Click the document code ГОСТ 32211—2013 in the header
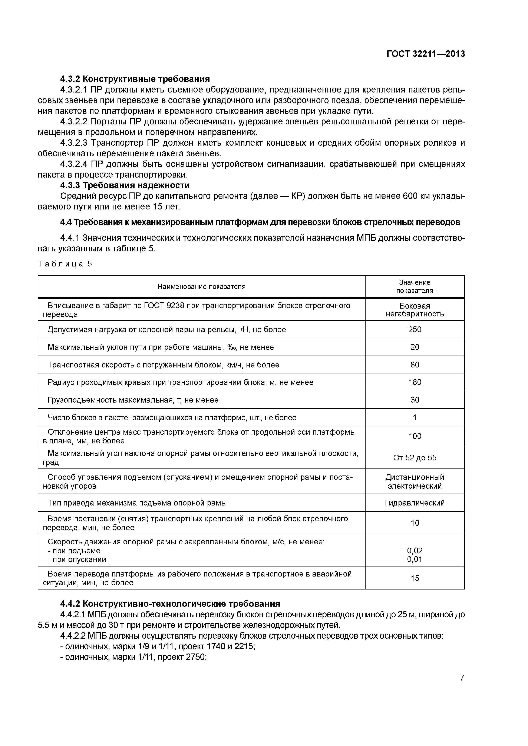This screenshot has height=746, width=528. pyautogui.click(x=426, y=54)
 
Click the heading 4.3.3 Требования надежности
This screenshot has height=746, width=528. pyautogui.click(x=125, y=185)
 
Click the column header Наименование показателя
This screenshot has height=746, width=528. pyautogui.click(x=201, y=287)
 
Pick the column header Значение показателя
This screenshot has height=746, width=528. pyautogui.click(x=415, y=287)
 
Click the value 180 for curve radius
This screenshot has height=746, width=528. pyautogui.click(x=415, y=382)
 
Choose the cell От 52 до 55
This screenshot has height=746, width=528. pyautogui.click(x=415, y=458)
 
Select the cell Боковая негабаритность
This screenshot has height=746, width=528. pyautogui.click(x=415, y=310)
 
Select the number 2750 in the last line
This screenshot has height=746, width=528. pyautogui.click(x=196, y=657)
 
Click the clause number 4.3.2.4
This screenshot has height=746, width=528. pyautogui.click(x=74, y=164)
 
